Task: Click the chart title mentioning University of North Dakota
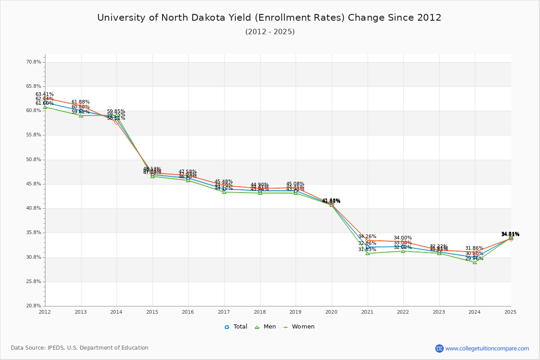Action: click(269, 18)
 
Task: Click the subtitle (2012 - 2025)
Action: click(270, 32)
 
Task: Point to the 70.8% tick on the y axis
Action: click(34, 62)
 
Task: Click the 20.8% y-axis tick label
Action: click(34, 306)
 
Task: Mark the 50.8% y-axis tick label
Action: click(34, 160)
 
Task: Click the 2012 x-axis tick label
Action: click(45, 312)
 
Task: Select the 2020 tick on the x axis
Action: click(332, 312)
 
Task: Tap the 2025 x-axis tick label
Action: click(510, 312)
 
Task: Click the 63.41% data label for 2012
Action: click(45, 94)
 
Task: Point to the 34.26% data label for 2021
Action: click(367, 237)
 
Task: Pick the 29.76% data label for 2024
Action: click(474, 259)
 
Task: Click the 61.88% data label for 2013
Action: click(81, 102)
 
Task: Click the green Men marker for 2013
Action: click(81, 116)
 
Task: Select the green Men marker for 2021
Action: click(368, 253)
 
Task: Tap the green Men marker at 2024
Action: click(475, 262)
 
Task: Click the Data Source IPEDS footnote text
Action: click(80, 348)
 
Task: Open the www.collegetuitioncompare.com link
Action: click(487, 348)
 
